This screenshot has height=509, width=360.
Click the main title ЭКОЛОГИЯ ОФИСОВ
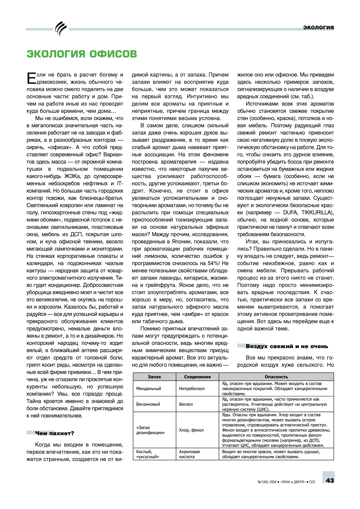point(82,54)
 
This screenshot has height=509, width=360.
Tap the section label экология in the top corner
point(319,27)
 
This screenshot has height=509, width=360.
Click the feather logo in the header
point(61,29)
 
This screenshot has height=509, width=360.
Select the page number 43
point(330,480)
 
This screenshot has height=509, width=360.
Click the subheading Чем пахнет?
point(54,433)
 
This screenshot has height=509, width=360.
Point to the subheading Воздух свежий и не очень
point(287,346)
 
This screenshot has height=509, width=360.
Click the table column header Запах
point(154,377)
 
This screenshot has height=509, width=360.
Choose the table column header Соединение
point(197,377)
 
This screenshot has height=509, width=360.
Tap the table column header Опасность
point(276,377)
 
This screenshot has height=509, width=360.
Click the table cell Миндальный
point(149,389)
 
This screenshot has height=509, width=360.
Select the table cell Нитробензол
point(192,389)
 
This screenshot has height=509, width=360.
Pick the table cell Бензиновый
point(148,404)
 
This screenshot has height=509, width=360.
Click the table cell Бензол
point(186,404)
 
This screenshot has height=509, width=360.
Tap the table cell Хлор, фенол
point(191,430)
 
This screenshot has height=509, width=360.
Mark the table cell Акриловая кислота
point(189,454)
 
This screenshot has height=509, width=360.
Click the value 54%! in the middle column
point(214,263)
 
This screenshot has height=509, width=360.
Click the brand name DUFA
point(290,213)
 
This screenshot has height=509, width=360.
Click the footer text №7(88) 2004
point(267,482)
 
